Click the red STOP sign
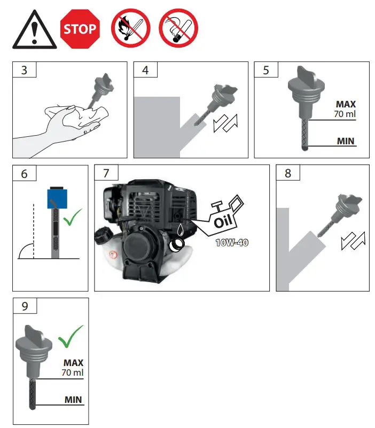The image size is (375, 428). click(x=80, y=29)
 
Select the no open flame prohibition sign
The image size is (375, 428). click(x=130, y=29)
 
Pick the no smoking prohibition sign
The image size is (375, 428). click(x=178, y=29)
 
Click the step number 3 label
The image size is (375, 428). click(x=24, y=71)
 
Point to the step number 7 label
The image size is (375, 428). click(x=106, y=174)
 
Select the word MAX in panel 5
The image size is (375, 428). click(x=346, y=104)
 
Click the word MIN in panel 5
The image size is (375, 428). click(x=346, y=142)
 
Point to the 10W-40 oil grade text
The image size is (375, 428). click(x=231, y=243)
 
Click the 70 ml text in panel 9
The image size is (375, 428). click(x=72, y=372)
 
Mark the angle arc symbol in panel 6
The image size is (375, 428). click(x=26, y=250)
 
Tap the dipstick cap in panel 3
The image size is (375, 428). click(x=103, y=85)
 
